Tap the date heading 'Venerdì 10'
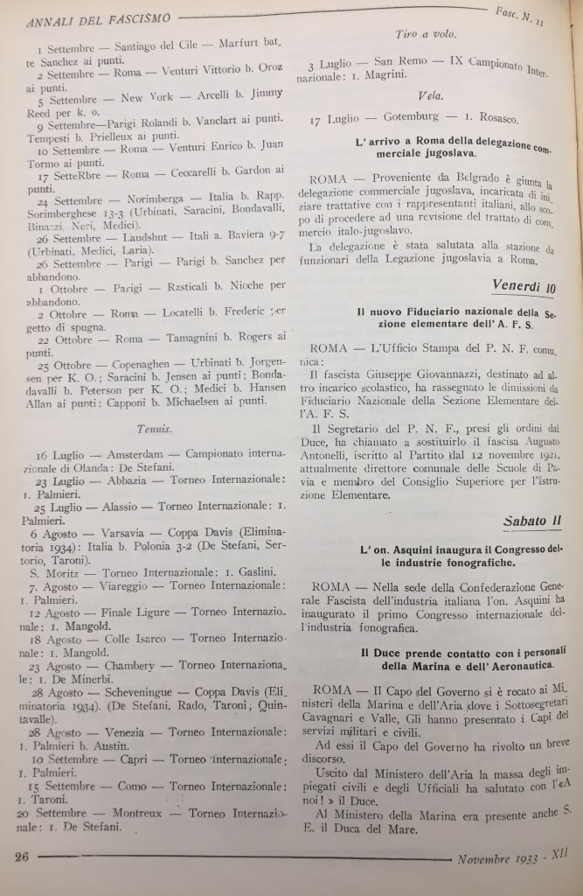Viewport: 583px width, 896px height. [x=524, y=286]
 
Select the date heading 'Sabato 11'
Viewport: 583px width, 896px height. [x=531, y=521]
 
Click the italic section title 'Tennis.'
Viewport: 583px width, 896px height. [x=154, y=429]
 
